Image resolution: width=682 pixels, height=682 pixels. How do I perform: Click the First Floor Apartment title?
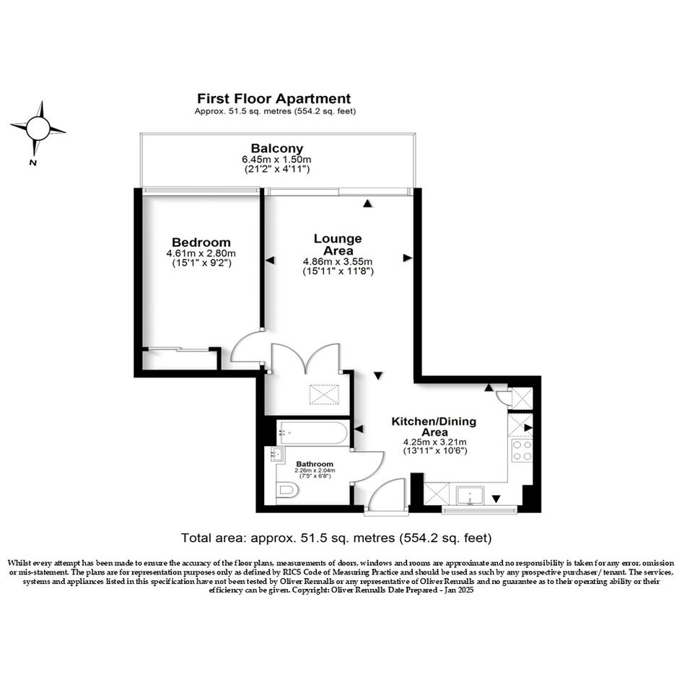tap(274, 99)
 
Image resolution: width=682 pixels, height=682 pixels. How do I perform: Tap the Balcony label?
tap(276, 149)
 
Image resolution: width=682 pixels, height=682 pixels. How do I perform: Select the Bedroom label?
tap(201, 242)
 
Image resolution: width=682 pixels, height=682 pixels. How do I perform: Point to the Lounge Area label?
tap(338, 245)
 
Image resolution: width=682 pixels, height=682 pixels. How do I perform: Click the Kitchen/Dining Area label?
tap(434, 427)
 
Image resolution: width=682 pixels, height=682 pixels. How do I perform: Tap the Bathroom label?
tap(315, 464)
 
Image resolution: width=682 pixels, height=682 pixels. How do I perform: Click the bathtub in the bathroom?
tap(313, 432)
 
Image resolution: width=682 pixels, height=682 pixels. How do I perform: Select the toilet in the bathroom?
tap(287, 491)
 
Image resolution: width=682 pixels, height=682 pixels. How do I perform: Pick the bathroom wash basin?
tap(277, 454)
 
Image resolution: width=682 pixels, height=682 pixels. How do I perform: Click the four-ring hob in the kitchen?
tap(522, 450)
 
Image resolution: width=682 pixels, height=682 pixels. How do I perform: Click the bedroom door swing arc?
tap(246, 346)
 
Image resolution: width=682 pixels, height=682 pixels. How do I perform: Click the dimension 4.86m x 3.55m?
tap(338, 262)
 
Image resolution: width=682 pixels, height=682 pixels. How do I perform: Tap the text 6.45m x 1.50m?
tap(276, 159)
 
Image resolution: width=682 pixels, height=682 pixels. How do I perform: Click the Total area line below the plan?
tap(336, 538)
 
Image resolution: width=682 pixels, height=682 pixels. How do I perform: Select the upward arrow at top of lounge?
tap(368, 203)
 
